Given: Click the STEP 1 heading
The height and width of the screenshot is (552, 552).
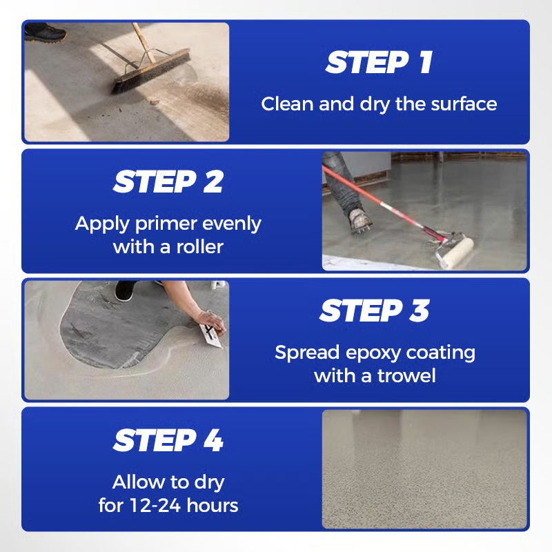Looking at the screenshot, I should [x=379, y=63].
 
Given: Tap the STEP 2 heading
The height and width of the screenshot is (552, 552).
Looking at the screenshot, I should [x=168, y=182].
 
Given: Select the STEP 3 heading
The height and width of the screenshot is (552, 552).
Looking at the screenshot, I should [x=374, y=311].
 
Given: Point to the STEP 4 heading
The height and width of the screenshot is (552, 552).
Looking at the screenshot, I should [x=168, y=440].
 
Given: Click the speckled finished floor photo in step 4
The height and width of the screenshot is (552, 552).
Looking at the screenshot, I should [x=424, y=469].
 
